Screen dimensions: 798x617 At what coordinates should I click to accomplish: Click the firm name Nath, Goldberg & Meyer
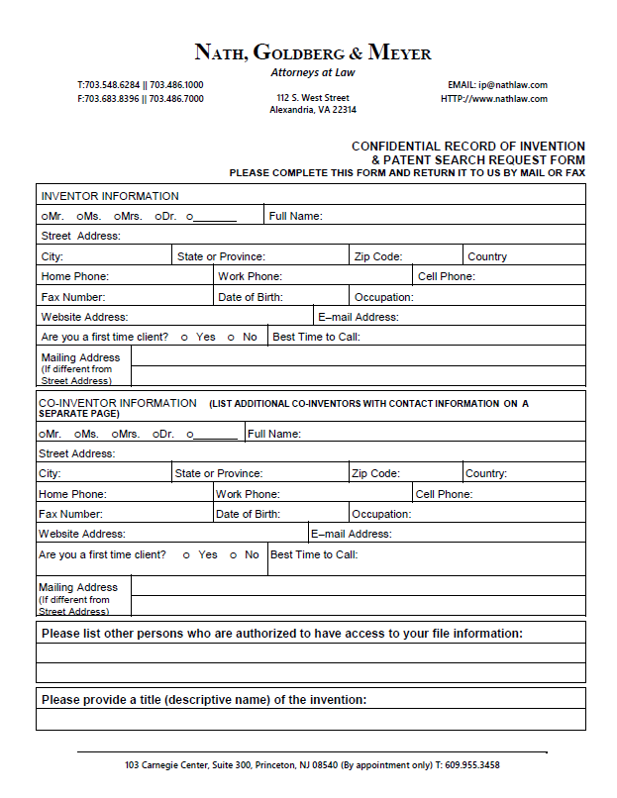click(312, 52)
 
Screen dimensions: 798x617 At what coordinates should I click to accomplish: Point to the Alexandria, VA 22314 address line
click(312, 111)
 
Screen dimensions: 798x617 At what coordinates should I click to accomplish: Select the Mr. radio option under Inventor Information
click(45, 216)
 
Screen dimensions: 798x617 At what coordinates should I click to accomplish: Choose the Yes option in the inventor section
click(184, 338)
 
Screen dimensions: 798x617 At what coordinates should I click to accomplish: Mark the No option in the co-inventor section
click(234, 555)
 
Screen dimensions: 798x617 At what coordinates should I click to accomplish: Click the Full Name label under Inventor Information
click(296, 216)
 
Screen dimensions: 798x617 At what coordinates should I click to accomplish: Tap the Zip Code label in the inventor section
click(378, 256)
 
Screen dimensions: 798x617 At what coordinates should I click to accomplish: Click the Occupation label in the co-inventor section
click(381, 514)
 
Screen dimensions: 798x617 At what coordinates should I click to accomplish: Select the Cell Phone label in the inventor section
click(446, 276)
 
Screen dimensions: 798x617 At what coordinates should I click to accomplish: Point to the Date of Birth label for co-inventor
click(248, 514)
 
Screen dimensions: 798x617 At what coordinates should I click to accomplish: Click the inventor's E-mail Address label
click(359, 317)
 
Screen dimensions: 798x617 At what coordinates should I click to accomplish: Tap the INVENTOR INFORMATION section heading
click(110, 196)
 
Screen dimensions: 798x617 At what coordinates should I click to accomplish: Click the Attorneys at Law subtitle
click(312, 72)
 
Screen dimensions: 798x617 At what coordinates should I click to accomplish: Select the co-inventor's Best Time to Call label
click(314, 554)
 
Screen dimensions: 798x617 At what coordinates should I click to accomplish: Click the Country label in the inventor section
click(487, 256)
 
